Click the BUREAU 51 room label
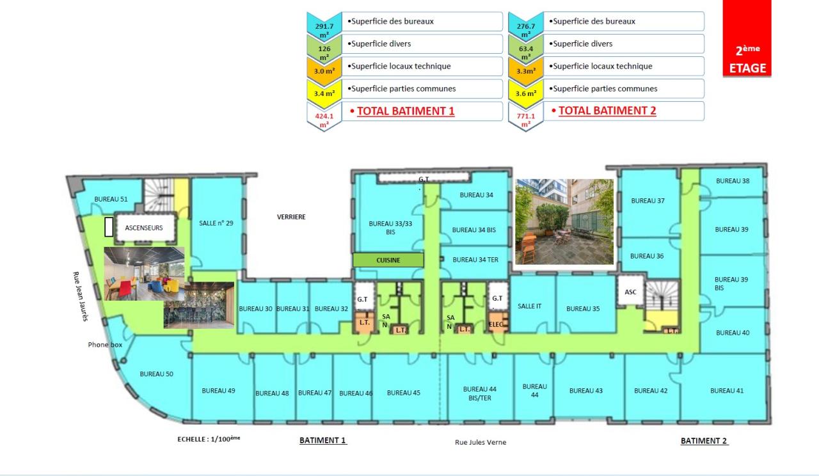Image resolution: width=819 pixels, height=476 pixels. [111, 199]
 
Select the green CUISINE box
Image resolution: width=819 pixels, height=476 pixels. [388, 260]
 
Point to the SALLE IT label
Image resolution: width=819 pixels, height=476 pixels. [529, 306]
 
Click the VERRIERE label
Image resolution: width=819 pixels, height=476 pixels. [291, 217]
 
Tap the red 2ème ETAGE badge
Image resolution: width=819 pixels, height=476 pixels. [747, 38]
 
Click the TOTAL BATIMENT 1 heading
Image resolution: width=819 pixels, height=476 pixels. [406, 111]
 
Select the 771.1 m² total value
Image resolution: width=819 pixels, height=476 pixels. [526, 120]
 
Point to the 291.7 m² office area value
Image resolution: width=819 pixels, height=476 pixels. [324, 31]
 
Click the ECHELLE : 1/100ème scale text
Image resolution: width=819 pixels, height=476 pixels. [209, 439]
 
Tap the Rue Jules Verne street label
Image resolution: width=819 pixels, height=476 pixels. [481, 442]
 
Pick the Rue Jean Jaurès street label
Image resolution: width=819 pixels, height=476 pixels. [81, 296]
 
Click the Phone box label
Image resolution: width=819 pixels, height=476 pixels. [105, 345]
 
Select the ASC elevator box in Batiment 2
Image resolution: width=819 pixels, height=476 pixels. [630, 292]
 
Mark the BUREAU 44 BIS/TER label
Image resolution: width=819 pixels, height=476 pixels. [480, 393]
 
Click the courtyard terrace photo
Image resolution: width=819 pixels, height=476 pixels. [564, 221]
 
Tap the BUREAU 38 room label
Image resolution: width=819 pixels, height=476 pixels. [733, 180]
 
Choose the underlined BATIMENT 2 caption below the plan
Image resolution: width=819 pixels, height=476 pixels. [704, 441]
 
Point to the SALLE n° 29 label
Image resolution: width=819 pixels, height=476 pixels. [216, 223]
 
